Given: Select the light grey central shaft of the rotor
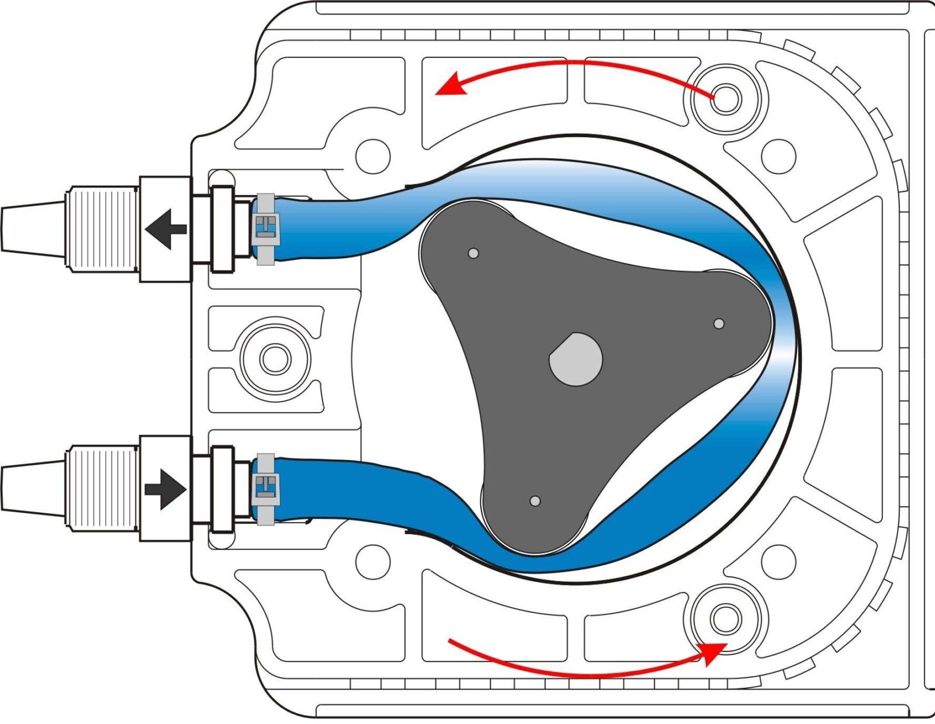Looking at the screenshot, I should (x=576, y=359).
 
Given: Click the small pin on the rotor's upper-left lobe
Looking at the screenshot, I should (x=473, y=253).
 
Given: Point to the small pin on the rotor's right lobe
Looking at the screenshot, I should (x=719, y=323).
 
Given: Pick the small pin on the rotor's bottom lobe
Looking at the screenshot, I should (x=535, y=501).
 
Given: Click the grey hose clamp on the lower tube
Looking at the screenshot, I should (x=266, y=488).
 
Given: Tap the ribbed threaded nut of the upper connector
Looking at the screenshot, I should (x=103, y=228).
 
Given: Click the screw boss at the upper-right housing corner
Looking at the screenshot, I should (x=725, y=99).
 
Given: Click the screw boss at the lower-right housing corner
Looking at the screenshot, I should (x=725, y=618).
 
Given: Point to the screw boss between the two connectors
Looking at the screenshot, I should (x=275, y=358).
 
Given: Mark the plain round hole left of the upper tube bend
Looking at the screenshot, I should (x=373, y=156).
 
